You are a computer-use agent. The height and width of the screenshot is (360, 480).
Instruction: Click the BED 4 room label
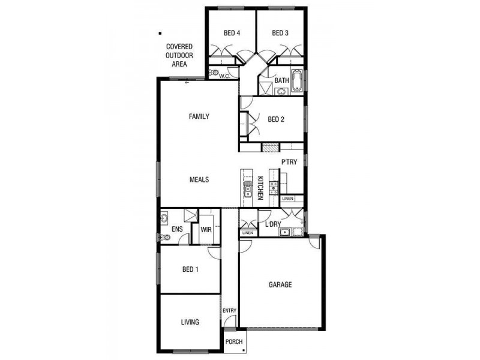(232, 33)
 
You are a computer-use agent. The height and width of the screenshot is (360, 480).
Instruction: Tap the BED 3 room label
(280, 33)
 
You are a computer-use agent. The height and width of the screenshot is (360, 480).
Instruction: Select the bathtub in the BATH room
(298, 82)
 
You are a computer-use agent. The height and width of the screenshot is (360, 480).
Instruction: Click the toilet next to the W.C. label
(213, 73)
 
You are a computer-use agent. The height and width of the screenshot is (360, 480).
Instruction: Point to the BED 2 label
(275, 119)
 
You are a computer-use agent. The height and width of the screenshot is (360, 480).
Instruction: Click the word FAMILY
(199, 116)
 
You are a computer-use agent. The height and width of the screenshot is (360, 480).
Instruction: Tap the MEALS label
(199, 179)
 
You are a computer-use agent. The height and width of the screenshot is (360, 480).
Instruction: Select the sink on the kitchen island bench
(247, 191)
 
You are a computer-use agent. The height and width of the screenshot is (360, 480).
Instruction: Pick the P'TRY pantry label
(290, 161)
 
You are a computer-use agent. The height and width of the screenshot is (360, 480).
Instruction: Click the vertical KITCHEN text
(260, 188)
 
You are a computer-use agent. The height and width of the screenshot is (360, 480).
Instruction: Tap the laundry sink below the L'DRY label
(286, 233)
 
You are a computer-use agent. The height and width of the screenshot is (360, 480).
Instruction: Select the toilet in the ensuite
(165, 238)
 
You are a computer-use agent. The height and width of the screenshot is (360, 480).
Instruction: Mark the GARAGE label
(280, 284)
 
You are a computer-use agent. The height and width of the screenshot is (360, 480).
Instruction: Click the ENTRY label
(230, 310)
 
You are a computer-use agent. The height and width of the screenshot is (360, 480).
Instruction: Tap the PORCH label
(234, 342)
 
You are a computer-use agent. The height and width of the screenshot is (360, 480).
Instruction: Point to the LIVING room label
(190, 322)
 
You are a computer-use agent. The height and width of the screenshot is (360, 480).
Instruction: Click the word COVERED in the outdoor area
(179, 46)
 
